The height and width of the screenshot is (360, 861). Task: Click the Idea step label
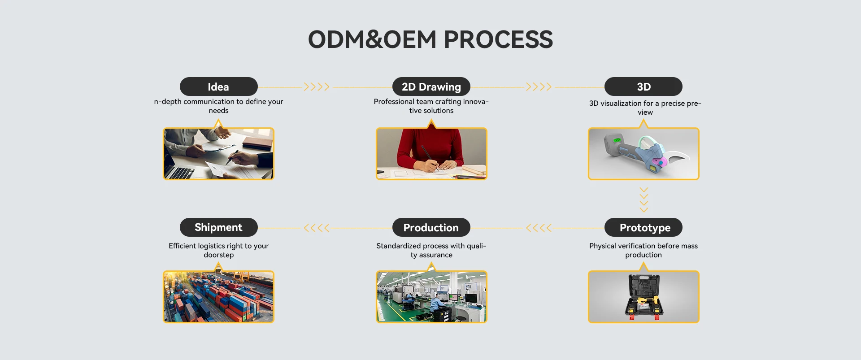point(218,87)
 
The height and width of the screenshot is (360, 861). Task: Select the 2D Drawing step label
point(431,87)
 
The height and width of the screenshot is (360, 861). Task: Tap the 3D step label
point(643,87)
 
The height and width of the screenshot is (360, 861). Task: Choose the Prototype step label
point(644,228)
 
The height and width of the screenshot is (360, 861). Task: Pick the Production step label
point(431,228)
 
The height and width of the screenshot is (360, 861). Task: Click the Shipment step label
point(218,227)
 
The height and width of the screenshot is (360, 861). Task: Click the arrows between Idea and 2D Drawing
point(317,87)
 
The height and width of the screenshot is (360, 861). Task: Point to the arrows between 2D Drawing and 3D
point(539,87)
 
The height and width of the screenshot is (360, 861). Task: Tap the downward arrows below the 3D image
point(644,200)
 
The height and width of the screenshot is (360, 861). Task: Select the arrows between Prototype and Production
point(539,228)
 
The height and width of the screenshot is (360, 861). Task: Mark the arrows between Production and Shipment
point(317,228)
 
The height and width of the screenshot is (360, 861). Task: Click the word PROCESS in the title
point(498,39)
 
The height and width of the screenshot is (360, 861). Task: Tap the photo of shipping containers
point(218,297)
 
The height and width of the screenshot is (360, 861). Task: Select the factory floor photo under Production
point(431,297)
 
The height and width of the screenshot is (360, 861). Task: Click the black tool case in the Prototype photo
point(644,296)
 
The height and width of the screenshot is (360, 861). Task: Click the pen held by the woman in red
point(429,157)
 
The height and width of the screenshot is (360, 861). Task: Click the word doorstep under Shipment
point(218,255)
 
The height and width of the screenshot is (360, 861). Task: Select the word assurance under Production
point(435,255)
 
